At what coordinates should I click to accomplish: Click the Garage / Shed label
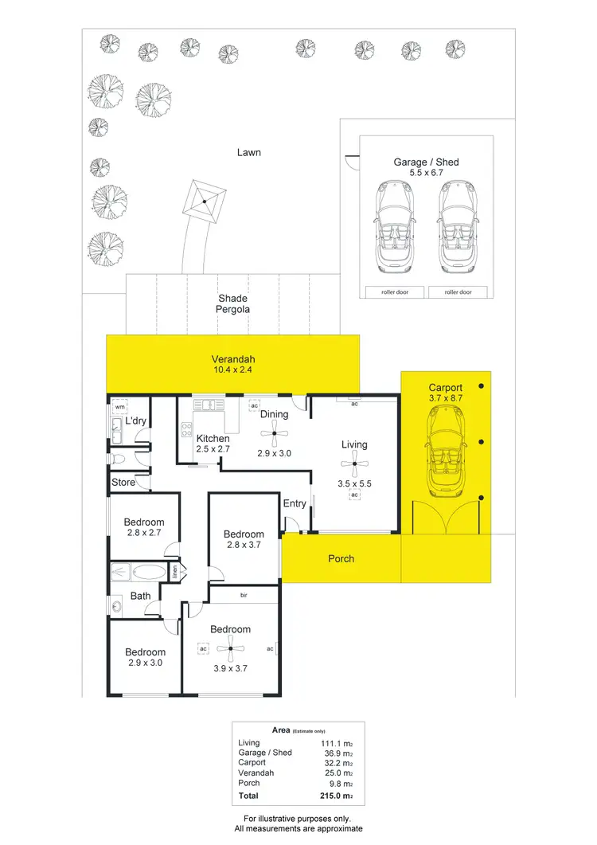(x=426, y=162)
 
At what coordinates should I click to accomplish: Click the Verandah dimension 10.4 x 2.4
(x=232, y=370)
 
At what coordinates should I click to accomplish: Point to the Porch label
(x=341, y=558)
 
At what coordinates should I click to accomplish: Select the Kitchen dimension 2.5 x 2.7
(x=213, y=450)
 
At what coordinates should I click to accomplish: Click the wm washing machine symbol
(x=119, y=408)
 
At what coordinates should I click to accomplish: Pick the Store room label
(x=123, y=482)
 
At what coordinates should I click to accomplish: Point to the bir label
(x=244, y=593)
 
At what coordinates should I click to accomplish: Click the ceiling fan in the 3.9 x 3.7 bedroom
(x=230, y=648)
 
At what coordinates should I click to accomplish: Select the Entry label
(x=295, y=503)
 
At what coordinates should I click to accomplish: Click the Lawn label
(x=249, y=152)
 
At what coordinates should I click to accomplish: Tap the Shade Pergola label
(x=234, y=303)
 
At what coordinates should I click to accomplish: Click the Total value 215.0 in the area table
(x=330, y=795)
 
